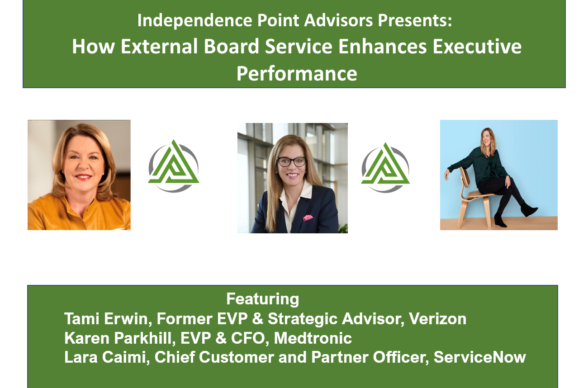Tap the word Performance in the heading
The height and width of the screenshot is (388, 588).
[297, 74]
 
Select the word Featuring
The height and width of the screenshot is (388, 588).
[262, 299]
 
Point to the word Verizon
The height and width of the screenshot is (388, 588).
[437, 319]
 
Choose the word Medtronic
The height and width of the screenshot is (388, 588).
[313, 338]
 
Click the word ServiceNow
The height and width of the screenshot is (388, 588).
[480, 357]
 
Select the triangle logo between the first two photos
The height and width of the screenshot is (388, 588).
[174, 166]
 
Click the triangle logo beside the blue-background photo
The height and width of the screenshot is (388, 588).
[385, 167]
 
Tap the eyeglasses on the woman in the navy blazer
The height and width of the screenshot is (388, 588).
[292, 161]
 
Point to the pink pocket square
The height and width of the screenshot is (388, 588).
[308, 218]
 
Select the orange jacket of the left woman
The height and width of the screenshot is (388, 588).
[79, 213]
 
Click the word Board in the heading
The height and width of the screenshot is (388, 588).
[232, 47]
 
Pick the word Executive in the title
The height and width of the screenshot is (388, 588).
[477, 47]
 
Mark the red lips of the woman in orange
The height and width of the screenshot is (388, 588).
[83, 177]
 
